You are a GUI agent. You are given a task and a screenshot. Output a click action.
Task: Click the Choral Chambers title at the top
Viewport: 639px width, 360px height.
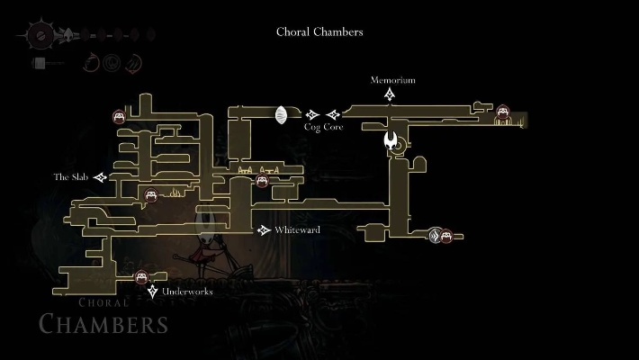point(319,31)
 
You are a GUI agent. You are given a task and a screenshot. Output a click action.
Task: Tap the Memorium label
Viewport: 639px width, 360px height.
point(393,80)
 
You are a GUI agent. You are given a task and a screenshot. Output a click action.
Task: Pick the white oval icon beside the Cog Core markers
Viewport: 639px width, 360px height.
point(281,115)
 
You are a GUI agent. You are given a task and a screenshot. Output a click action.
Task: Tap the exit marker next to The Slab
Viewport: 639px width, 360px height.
point(100,177)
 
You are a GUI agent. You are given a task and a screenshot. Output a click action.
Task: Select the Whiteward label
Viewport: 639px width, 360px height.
point(297,230)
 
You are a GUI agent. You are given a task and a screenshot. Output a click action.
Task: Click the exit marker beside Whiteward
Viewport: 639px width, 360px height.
point(264,230)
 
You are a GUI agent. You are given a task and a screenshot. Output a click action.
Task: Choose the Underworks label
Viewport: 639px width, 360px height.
point(188,292)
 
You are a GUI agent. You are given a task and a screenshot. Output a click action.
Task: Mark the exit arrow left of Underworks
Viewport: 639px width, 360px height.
point(153,292)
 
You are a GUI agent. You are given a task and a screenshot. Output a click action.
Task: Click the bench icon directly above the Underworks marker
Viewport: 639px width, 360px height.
point(141,278)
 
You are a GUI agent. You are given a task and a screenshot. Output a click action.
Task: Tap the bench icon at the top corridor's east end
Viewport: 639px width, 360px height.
point(503,112)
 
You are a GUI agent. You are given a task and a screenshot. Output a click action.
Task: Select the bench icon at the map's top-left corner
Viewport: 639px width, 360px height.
point(119,116)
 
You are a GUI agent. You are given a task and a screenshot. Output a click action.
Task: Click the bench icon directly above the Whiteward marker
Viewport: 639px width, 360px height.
point(262,181)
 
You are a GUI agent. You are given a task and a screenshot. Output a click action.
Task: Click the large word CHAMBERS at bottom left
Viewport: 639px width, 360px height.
point(103,324)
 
